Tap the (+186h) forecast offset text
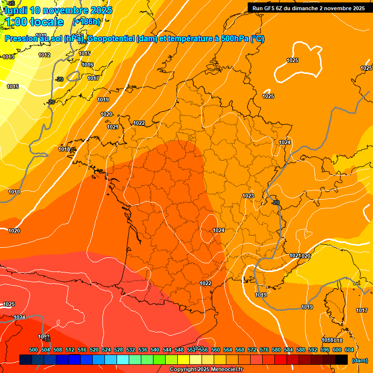point(86,22)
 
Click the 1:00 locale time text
point(34,22)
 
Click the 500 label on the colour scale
point(34,350)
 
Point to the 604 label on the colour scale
point(349,350)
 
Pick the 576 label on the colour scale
point(264,350)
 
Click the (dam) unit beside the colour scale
point(359,360)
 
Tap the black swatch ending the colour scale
point(341,359)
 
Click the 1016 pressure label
point(87,65)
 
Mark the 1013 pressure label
point(8,57)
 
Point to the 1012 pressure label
point(44,55)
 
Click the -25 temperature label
point(11,3)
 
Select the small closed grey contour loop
point(73,76)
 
